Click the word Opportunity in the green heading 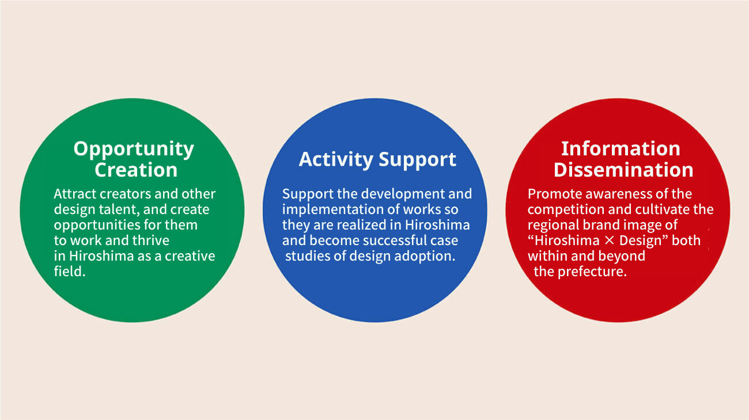[x=134, y=149]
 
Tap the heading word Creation [x=136, y=170]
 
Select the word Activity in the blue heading [x=336, y=159]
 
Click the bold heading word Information [x=621, y=148]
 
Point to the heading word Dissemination [x=623, y=170]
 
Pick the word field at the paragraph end [x=68, y=272]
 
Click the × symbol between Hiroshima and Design [x=610, y=240]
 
